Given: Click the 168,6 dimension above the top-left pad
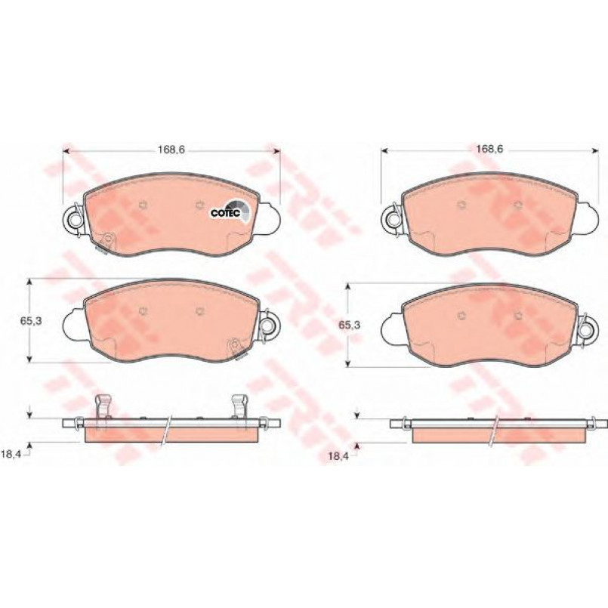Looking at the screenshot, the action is (171, 150).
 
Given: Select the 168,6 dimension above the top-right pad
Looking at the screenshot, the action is (489, 149).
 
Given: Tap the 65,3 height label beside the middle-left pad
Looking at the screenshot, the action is (31, 321).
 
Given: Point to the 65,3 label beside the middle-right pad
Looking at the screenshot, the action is (350, 326).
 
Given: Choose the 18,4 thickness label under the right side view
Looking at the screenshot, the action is (338, 456).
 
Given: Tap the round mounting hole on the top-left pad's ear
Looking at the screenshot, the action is (74, 220).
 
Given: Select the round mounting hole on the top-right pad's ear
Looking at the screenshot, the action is (394, 220).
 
